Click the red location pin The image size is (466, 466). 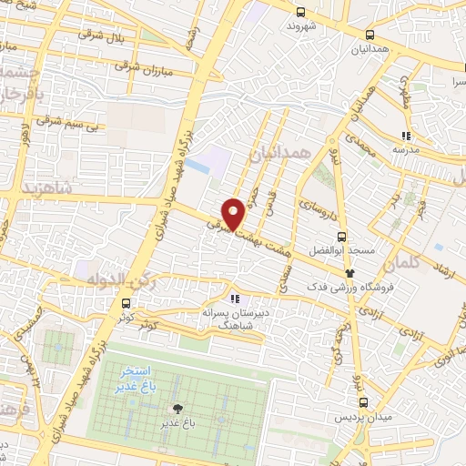(233, 214)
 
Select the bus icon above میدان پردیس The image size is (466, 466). (364, 402)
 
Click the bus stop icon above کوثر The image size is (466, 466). (125, 305)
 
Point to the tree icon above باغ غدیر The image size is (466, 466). (177, 409)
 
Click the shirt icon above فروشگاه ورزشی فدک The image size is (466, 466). (349, 272)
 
